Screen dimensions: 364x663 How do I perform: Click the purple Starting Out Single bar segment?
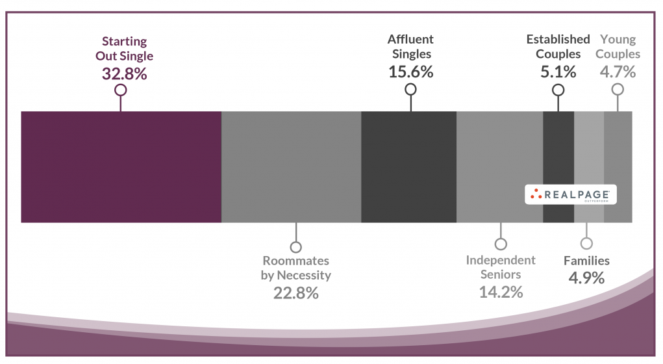121,167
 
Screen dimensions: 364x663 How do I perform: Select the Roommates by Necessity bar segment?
291,167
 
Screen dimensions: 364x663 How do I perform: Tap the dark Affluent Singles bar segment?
408,167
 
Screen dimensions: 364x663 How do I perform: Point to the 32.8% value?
125,73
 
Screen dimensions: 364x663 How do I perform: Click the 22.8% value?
296,292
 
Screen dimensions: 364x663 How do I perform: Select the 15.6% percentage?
410,71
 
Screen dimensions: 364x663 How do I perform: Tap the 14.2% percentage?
501,292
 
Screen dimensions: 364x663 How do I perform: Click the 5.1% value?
558,71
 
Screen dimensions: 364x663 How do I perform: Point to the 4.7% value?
618,71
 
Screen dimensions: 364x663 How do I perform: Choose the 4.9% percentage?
586,278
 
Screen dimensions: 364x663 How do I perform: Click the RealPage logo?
571,194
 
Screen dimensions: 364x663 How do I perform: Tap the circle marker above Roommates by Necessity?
296,247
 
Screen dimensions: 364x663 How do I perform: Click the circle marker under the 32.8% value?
120,90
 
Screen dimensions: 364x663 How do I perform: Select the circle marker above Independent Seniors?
501,244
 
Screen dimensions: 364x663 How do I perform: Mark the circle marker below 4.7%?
618,90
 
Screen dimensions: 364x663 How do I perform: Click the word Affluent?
410,40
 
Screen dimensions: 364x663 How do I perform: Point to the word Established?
558,40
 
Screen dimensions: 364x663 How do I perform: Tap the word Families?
586,261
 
